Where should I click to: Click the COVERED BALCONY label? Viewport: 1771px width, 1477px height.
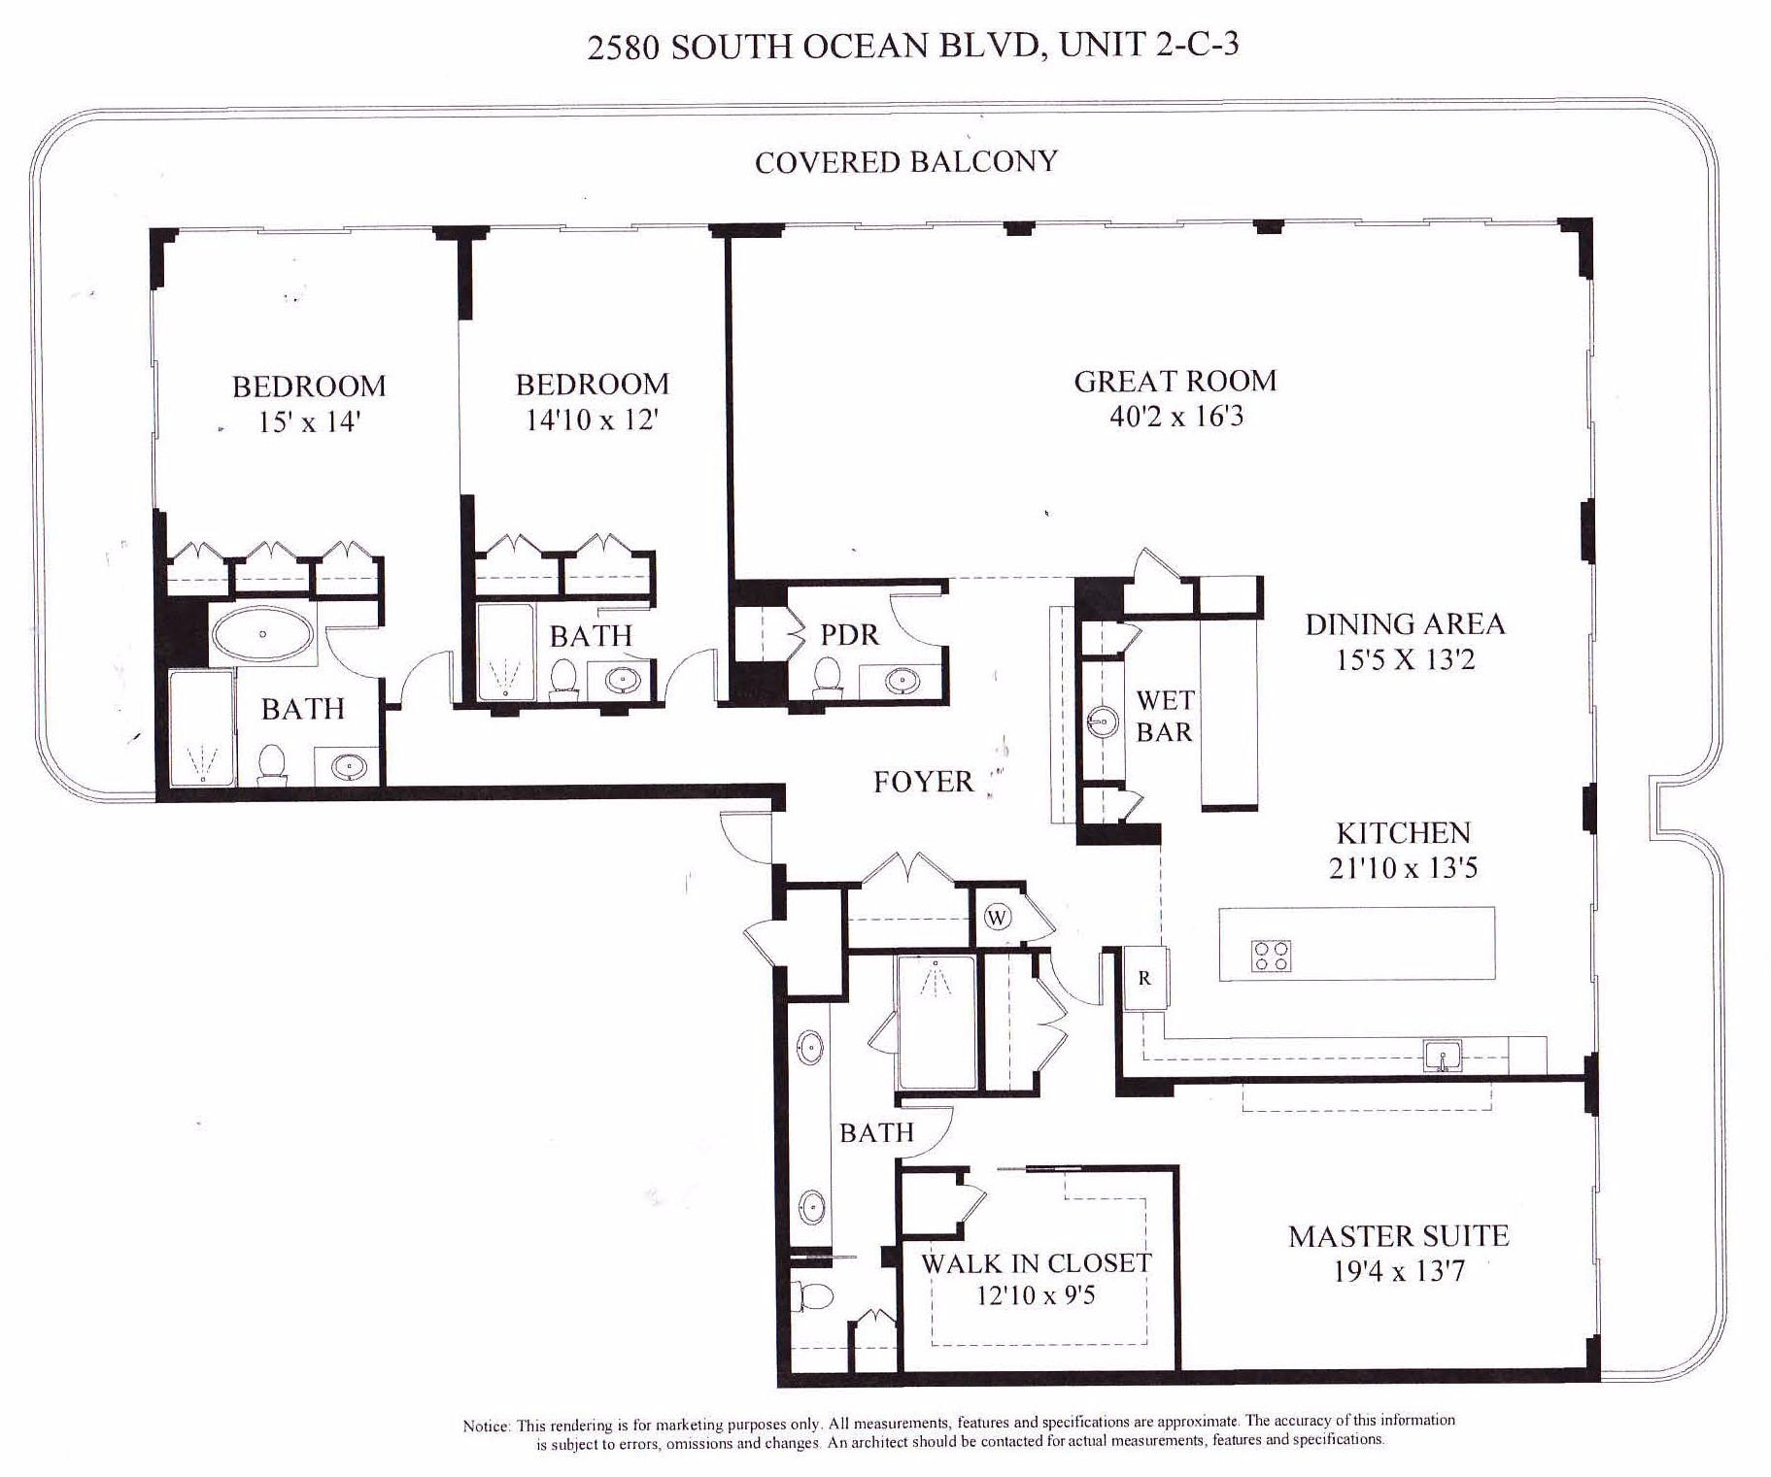click(x=905, y=161)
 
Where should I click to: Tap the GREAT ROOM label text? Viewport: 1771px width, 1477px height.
click(x=1175, y=381)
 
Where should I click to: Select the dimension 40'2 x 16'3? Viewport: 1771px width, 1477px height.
click(x=1175, y=417)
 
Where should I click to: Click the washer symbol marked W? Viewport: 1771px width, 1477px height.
click(x=998, y=918)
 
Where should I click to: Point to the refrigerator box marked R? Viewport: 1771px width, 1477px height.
click(x=1144, y=978)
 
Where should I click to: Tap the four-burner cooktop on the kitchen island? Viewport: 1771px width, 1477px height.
click(x=1271, y=956)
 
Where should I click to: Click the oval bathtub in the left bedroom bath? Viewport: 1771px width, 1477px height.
click(x=262, y=634)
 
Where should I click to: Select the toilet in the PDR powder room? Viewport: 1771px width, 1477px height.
click(x=828, y=675)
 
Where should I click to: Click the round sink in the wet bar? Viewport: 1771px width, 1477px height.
click(x=1102, y=722)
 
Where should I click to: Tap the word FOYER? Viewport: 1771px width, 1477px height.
click(x=922, y=782)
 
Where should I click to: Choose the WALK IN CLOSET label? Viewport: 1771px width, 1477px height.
click(x=1036, y=1262)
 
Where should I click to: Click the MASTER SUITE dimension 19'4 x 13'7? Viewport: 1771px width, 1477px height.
click(x=1398, y=1271)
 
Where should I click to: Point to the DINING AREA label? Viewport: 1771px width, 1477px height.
click(x=1405, y=624)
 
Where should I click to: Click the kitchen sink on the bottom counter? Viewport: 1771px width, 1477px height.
click(x=1442, y=1056)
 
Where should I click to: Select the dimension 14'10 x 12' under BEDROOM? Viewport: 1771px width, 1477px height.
click(x=592, y=420)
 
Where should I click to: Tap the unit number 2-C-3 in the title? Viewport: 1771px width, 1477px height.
click(x=1197, y=45)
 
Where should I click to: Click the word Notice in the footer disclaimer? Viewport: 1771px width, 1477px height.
click(x=486, y=1427)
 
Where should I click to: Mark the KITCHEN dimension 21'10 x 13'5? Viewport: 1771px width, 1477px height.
click(x=1403, y=867)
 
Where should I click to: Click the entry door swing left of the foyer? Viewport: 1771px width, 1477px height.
click(x=744, y=839)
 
